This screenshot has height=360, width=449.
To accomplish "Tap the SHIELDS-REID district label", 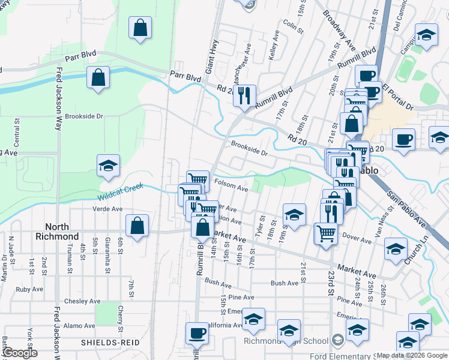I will pos(110,343).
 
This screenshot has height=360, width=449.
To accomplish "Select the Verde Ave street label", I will pos(108,209).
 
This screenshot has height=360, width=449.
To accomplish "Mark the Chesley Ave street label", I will pos(82,301).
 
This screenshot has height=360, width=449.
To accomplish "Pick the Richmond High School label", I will pos(286,341).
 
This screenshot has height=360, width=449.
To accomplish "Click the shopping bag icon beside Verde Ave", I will pos(137,226).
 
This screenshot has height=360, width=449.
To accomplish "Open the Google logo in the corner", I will pos(19,353).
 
